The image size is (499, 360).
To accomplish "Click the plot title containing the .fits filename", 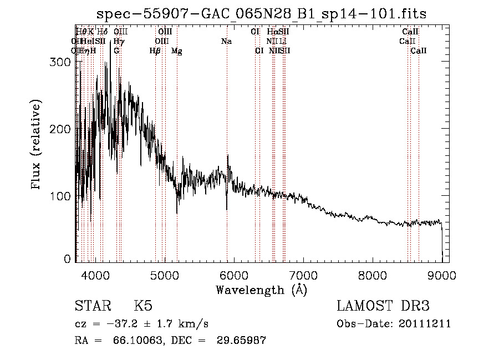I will pos(261,14).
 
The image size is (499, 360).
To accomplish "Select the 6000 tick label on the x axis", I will pos(233,275).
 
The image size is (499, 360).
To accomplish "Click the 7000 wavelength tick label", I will pos(303,275).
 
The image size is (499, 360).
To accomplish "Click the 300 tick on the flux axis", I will pos(61,63).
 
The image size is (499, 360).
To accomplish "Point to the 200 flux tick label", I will pos(61,129).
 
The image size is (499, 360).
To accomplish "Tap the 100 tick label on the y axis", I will pos(61,196).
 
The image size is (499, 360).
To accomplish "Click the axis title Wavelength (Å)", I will pos(261,290).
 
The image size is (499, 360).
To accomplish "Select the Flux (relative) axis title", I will pos(37,145).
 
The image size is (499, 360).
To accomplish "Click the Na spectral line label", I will pos(226,41).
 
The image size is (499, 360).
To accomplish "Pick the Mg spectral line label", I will pos(176,51).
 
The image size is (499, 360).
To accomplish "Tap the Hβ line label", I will pos(155,51).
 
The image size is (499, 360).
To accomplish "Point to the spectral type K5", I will pos(142,306).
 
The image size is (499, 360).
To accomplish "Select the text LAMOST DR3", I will pos(383,306).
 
